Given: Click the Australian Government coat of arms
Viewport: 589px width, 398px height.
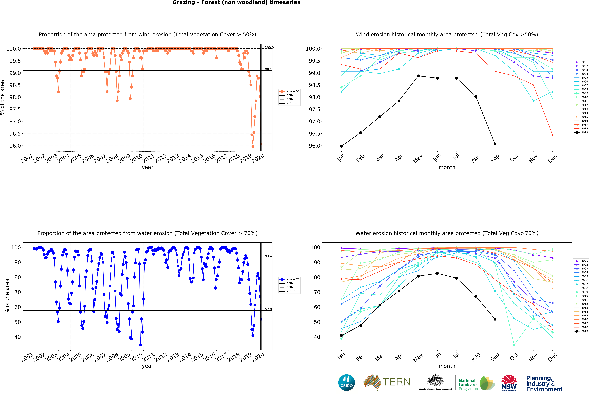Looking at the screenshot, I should (435, 380).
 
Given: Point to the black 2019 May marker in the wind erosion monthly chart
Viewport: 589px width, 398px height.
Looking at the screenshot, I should (418, 76).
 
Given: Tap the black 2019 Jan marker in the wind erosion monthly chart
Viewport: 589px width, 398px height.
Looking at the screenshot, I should (341, 146).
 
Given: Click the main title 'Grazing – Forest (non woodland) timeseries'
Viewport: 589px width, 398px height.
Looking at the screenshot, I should (236, 3).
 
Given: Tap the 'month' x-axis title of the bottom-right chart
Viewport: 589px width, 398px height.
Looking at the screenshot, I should (447, 366).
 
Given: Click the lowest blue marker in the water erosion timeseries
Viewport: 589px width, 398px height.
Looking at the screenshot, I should (140, 345).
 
